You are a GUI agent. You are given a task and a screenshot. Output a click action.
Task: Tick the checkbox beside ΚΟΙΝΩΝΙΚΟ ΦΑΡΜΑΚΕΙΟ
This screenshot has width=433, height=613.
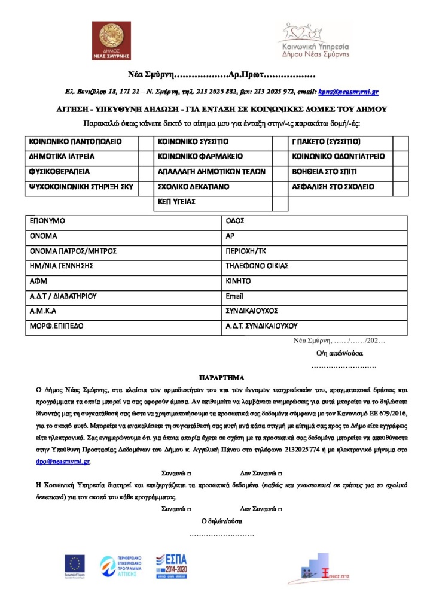[279, 157]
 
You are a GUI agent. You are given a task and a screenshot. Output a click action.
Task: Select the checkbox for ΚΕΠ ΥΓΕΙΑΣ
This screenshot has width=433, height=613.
[279, 202]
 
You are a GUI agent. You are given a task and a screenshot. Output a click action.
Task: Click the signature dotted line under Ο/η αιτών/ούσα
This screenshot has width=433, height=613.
[344, 366]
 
